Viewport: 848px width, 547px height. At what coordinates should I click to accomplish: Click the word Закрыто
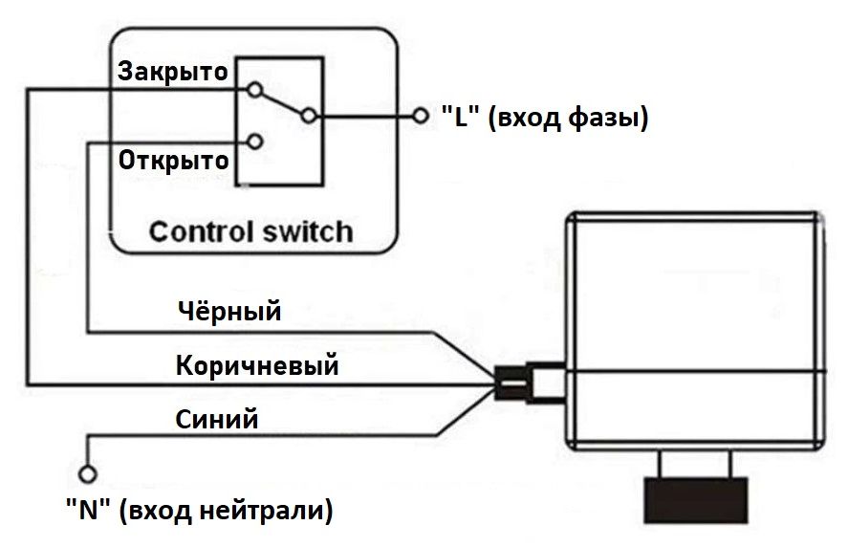[x=173, y=71]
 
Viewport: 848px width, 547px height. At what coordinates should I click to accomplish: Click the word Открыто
[x=174, y=159]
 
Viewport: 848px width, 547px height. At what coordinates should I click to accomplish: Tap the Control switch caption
[x=250, y=231]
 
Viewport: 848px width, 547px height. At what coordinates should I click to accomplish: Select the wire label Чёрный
[x=229, y=311]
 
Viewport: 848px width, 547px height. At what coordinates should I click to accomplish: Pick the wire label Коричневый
[x=257, y=365]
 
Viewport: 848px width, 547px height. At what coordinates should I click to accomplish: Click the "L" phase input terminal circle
[x=419, y=116]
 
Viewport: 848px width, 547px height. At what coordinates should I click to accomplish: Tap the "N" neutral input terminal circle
[x=89, y=473]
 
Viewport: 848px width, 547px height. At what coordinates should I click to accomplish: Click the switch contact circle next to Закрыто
[x=254, y=90]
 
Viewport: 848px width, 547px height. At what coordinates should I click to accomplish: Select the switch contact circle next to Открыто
[x=254, y=142]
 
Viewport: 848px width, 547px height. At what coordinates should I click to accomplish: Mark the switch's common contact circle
[x=308, y=117]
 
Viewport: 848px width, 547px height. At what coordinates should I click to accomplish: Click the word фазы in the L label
[x=606, y=119]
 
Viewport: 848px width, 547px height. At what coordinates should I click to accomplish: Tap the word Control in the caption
[x=197, y=231]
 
